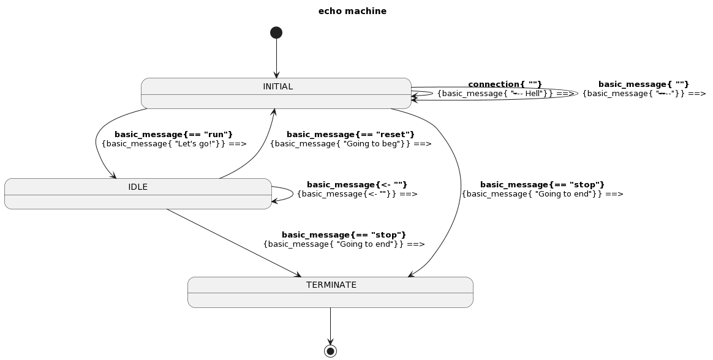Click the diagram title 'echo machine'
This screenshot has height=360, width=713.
click(352, 11)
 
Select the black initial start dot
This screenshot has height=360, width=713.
click(276, 32)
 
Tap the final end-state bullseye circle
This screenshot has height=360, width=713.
click(330, 351)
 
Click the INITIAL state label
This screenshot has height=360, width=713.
click(277, 86)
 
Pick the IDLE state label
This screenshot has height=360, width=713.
click(138, 187)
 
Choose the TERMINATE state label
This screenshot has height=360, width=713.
click(331, 285)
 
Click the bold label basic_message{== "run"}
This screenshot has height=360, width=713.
click(173, 134)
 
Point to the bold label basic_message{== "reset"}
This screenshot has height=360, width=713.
click(350, 134)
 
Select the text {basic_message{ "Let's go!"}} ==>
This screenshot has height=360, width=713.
click(174, 144)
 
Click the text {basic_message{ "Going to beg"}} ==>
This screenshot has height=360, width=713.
click(350, 144)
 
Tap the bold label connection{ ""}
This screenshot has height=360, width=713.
click(505, 84)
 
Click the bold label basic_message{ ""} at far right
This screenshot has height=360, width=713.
click(643, 84)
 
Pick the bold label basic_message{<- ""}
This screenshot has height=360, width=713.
click(356, 184)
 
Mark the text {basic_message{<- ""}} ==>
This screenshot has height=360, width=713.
click(356, 194)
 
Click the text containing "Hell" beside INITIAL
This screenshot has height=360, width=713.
click(505, 94)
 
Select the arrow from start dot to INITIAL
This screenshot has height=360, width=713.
click(276, 58)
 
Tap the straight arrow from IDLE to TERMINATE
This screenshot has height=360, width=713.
click(233, 242)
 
